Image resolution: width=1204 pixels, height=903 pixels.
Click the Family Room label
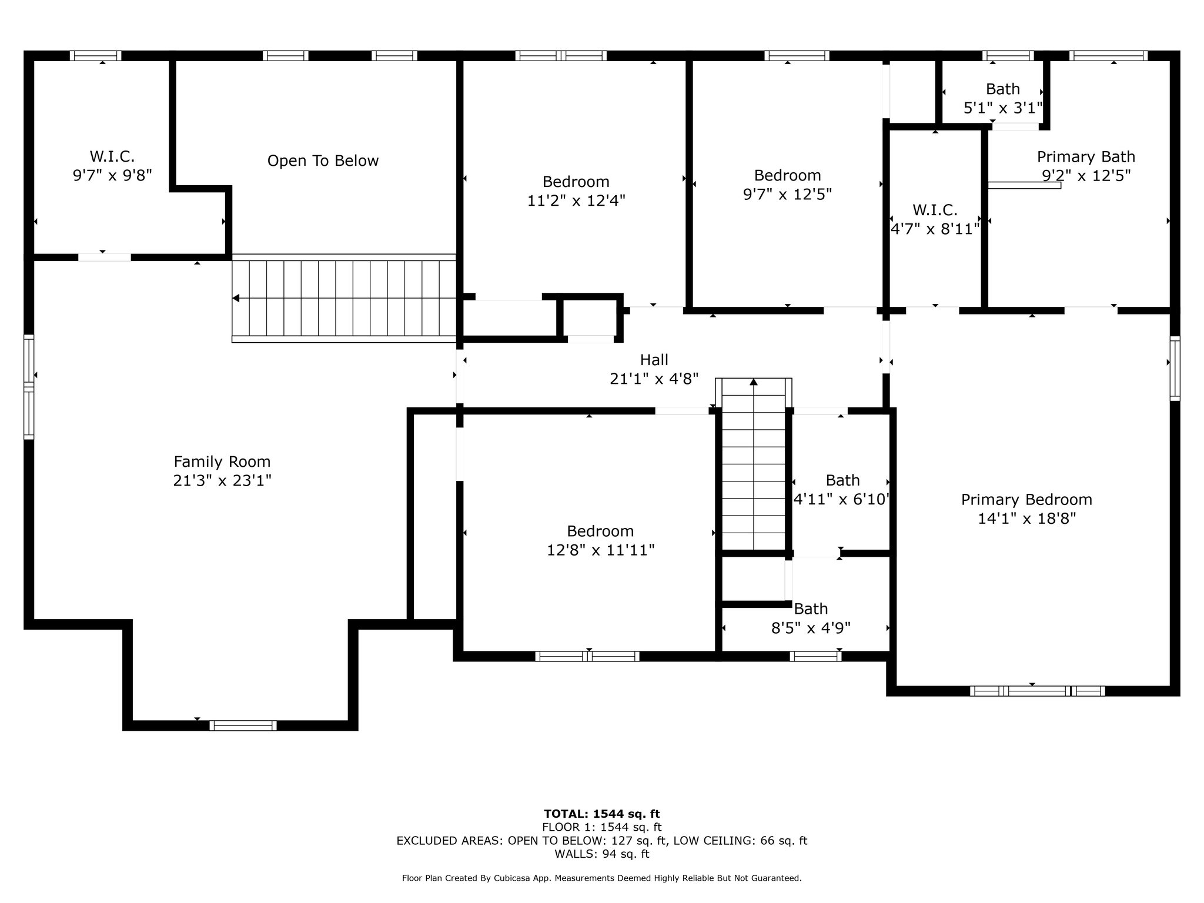(x=222, y=462)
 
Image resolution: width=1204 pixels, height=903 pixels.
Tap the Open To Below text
(x=323, y=161)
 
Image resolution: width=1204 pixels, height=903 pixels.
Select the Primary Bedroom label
(x=1026, y=500)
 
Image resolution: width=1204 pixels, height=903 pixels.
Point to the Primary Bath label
(x=1086, y=157)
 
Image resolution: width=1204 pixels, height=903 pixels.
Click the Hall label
(x=654, y=360)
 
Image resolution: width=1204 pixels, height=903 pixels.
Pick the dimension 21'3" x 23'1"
(x=222, y=481)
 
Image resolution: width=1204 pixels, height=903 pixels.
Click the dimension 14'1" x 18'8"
(x=1026, y=519)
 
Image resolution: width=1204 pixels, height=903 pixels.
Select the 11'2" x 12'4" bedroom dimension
(x=576, y=200)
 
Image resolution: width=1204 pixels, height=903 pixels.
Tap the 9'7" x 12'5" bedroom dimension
(x=787, y=194)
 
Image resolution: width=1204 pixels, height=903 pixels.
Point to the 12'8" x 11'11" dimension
(x=600, y=550)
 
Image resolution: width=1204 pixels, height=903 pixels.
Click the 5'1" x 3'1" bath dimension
(x=1003, y=108)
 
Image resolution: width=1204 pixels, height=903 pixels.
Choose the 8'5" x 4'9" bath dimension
(x=811, y=628)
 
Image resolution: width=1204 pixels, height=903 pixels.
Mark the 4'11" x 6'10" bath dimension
(x=841, y=500)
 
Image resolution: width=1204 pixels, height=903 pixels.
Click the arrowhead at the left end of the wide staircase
(x=236, y=299)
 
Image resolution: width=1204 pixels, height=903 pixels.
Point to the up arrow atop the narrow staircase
(x=754, y=382)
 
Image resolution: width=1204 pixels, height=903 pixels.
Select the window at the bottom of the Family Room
(x=243, y=725)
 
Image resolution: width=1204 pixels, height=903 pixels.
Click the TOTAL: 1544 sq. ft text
(x=602, y=814)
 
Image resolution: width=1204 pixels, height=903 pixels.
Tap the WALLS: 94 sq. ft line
(x=602, y=854)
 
